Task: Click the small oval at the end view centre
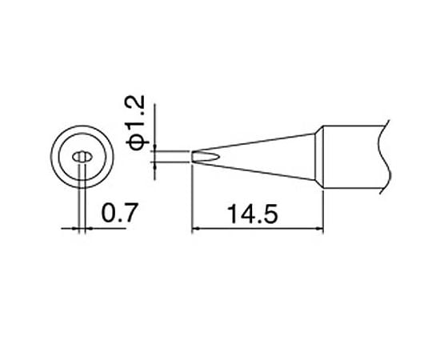tap(80, 157)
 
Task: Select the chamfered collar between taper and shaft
tap(319, 158)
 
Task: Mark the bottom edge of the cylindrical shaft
tap(352, 193)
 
